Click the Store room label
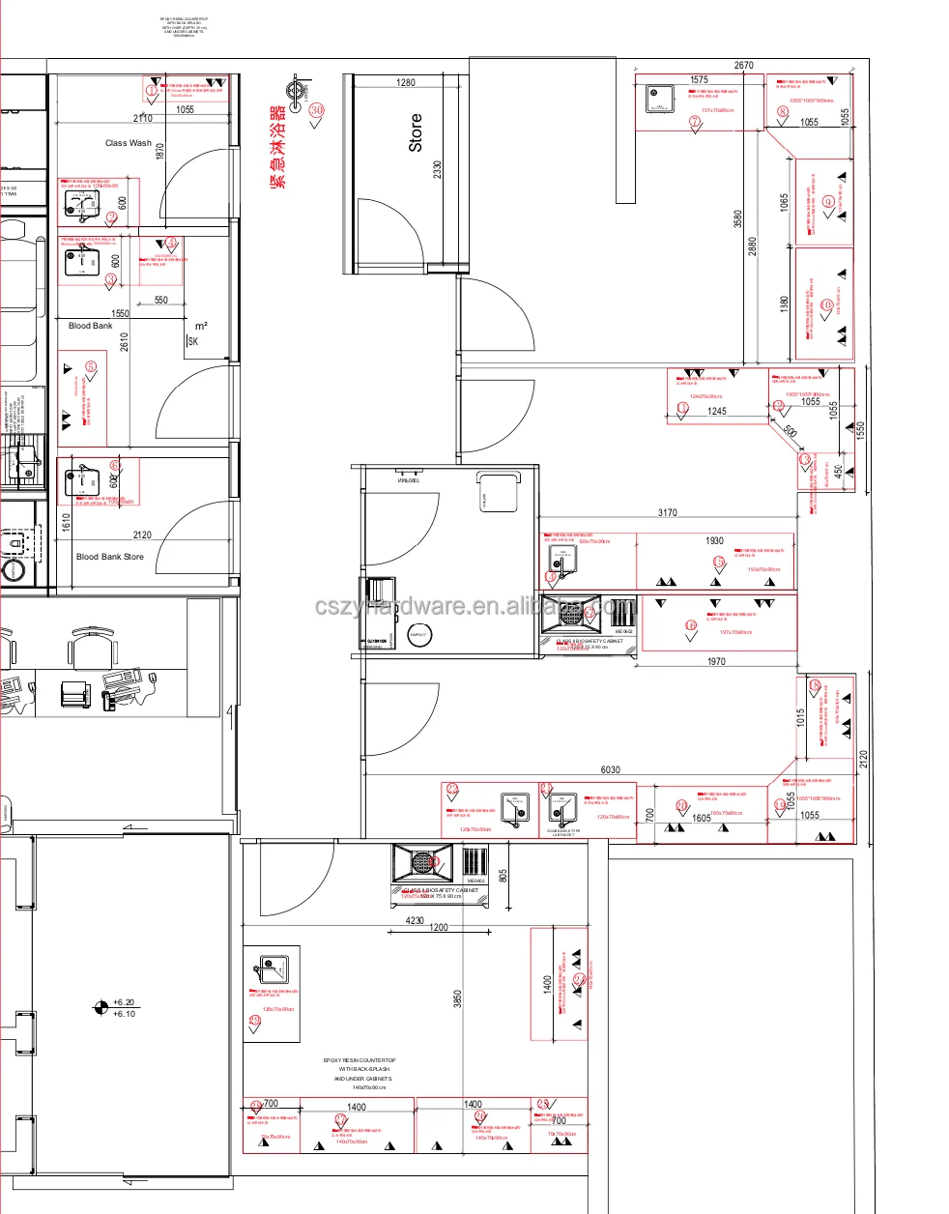pyautogui.click(x=416, y=132)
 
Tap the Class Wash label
pyautogui.click(x=129, y=143)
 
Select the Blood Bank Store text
pyautogui.click(x=110, y=557)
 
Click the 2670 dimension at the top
pyautogui.click(x=743, y=66)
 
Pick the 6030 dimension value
pyautogui.click(x=610, y=770)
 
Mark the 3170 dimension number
pyautogui.click(x=667, y=513)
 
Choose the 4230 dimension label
pyautogui.click(x=415, y=921)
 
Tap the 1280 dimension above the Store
pyautogui.click(x=406, y=83)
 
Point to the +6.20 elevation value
pyautogui.click(x=124, y=1003)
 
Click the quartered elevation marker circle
pyautogui.click(x=100, y=1008)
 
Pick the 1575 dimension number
pyautogui.click(x=699, y=80)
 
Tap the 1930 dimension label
pyautogui.click(x=714, y=541)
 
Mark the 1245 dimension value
pyautogui.click(x=716, y=412)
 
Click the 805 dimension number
pyautogui.click(x=503, y=876)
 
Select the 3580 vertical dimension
pyautogui.click(x=738, y=218)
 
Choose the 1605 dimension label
pyautogui.click(x=701, y=819)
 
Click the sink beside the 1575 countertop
pyautogui.click(x=660, y=98)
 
